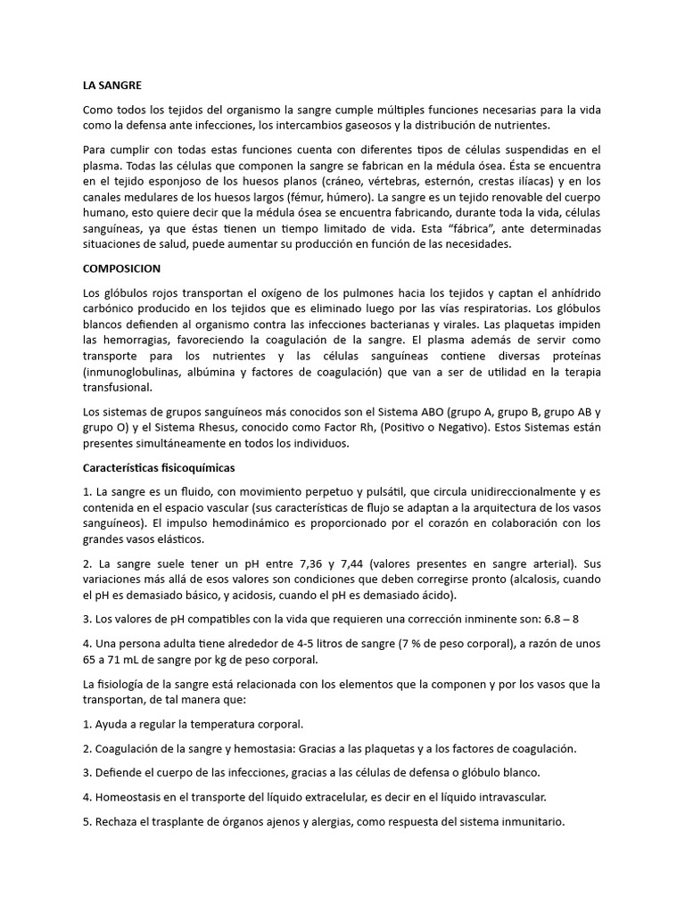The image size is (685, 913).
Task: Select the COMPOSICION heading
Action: [x=121, y=267]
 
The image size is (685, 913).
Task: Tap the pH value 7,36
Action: [x=302, y=563]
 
